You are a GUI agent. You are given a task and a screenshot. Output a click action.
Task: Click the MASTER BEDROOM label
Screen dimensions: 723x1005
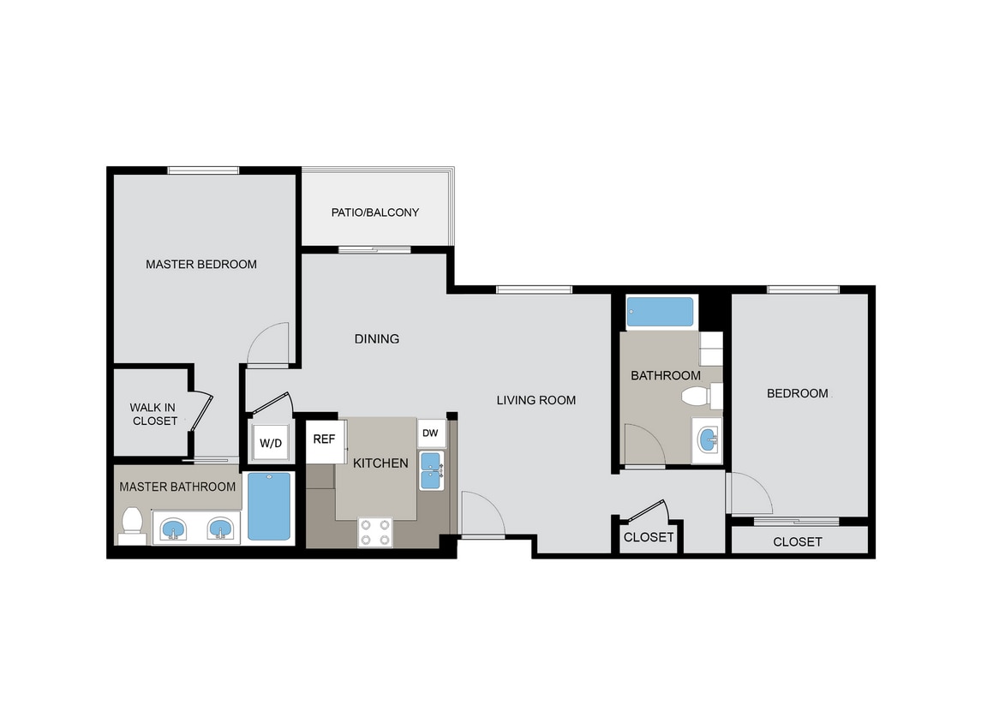[x=200, y=264]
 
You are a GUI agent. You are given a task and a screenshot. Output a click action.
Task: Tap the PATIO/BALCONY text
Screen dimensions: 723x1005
[x=375, y=212]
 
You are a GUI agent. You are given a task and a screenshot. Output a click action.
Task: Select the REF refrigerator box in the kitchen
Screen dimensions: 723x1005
[x=324, y=439]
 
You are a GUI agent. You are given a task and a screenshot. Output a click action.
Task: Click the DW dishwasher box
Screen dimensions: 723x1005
[x=430, y=433]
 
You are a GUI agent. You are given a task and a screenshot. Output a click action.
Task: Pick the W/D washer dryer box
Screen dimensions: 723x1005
[x=271, y=443]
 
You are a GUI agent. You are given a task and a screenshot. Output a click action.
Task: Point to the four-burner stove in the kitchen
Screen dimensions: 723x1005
[x=374, y=533]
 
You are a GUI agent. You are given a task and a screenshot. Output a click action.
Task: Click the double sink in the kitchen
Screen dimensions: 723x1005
[x=430, y=471]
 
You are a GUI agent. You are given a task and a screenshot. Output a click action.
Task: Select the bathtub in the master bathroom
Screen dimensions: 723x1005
[x=269, y=506]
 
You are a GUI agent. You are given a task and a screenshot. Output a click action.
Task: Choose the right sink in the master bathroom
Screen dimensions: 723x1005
[x=221, y=529]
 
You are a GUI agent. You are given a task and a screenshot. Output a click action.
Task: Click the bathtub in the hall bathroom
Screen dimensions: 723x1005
[x=660, y=313]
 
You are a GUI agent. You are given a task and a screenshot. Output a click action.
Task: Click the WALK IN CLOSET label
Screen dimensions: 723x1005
[x=154, y=414]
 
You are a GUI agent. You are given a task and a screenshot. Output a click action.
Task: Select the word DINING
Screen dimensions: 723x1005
[x=377, y=338]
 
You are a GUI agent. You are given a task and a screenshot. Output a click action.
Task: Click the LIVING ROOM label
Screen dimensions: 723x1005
[x=536, y=399]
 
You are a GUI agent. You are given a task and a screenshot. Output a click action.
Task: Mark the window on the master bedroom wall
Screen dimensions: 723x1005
[x=203, y=170]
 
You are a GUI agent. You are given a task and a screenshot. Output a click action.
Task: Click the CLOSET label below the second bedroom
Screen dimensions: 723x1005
[x=797, y=541]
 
